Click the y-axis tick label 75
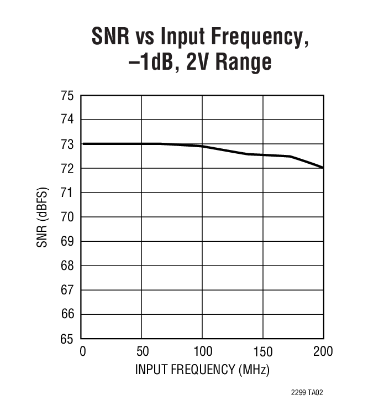coord(67,96)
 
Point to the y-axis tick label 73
coord(67,144)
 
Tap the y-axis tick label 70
coord(67,217)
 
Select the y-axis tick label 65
coord(67,339)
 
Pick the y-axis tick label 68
coord(67,266)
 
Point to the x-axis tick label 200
coord(323,352)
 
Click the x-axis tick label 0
coord(82,352)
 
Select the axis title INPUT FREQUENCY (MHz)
coord(202,370)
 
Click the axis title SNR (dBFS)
coord(43,217)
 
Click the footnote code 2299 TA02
coord(307,392)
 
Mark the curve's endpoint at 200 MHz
coord(323,167)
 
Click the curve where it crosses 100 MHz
coord(202,146)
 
